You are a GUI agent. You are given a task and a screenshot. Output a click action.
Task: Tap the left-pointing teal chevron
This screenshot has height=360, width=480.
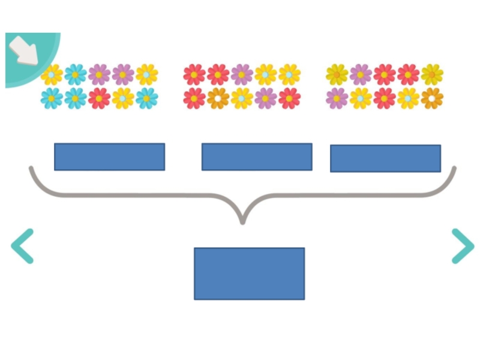coord(22,246)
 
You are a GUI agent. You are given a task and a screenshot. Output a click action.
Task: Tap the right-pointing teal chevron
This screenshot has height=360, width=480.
coord(463,246)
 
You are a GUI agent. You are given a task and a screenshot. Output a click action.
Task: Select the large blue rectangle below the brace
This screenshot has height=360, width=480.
coord(249,274)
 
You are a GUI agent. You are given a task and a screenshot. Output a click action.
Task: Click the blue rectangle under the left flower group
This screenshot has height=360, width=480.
coord(109,157)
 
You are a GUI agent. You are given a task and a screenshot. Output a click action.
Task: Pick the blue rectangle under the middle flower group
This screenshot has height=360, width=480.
coord(257,157)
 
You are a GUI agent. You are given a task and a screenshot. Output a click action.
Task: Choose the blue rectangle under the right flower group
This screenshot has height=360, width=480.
coord(385,158)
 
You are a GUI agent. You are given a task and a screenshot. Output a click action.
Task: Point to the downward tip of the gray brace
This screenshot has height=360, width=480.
coord(242,221)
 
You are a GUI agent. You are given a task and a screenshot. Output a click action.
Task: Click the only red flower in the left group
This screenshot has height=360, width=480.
coord(99,98)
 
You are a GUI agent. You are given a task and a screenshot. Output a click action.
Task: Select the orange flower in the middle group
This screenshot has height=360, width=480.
coord(218,98)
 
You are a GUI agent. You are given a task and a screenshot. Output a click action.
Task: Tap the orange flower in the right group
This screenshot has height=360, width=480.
coord(431,98)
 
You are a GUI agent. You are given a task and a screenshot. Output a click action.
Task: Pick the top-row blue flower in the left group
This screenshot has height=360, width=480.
coord(76,74)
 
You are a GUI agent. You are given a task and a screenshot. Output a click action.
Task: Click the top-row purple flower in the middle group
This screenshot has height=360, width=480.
coord(241,74)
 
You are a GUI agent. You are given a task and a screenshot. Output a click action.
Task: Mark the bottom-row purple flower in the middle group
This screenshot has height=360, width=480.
coord(265,98)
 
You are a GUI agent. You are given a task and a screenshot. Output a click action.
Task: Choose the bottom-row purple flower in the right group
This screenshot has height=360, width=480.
coord(337,98)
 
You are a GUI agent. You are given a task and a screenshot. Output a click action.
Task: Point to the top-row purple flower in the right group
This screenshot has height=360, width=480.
coord(361,74)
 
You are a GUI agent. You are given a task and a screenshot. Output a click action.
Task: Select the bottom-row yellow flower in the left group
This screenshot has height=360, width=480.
coord(123,98)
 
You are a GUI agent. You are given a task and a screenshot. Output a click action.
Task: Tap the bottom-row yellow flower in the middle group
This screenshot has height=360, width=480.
coord(241,98)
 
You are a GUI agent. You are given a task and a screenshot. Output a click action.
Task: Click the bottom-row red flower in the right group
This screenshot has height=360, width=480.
coord(384,98)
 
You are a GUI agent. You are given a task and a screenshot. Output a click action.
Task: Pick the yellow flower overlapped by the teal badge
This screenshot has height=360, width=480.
coord(52,74)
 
